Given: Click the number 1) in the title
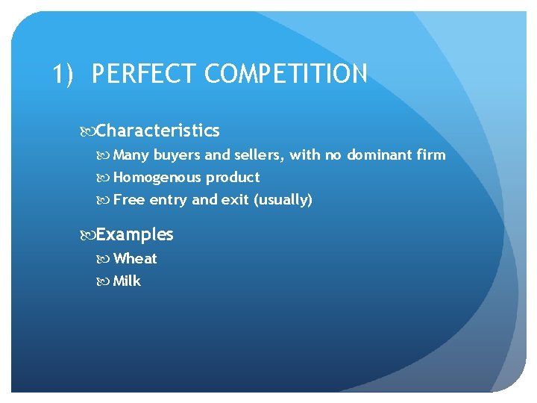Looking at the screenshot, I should point(64,75).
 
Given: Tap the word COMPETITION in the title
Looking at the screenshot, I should point(286,75).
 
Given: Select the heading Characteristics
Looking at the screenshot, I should point(157,131).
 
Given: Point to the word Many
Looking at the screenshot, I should point(131,155).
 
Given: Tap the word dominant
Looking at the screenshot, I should point(380,155).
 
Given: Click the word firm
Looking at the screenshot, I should point(432,155).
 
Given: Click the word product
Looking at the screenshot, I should point(233,178).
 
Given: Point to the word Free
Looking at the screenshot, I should point(129,200).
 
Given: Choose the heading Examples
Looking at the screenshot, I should point(134,235).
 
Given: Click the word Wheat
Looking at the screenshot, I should point(135,259).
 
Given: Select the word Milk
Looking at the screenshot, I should point(127,281).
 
